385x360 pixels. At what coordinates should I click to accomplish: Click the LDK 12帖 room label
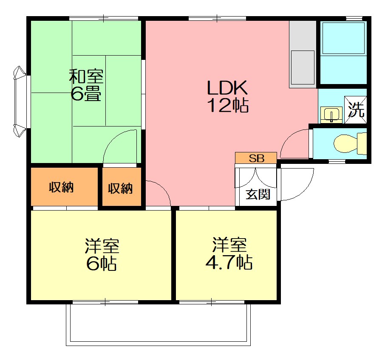pyautogui.click(x=228, y=96)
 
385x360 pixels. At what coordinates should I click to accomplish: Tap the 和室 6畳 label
pyautogui.click(x=86, y=85)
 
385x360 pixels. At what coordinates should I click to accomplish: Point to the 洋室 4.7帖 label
pyautogui.click(x=229, y=253)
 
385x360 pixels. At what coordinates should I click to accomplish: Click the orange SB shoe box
pyautogui.click(x=256, y=158)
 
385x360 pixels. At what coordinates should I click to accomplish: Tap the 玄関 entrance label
pyautogui.click(x=258, y=194)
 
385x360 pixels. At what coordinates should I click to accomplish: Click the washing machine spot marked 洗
pyautogui.click(x=356, y=110)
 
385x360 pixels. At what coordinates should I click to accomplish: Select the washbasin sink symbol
pyautogui.click(x=331, y=115)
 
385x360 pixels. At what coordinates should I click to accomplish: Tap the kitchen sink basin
pyautogui.click(x=303, y=67)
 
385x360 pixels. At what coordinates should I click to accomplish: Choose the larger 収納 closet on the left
pyautogui.click(x=64, y=187)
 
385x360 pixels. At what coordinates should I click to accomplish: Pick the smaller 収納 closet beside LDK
pyautogui.click(x=122, y=187)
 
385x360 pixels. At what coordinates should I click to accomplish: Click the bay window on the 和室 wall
pyautogui.click(x=20, y=101)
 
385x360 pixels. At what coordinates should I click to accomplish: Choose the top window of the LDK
pyautogui.click(x=217, y=18)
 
